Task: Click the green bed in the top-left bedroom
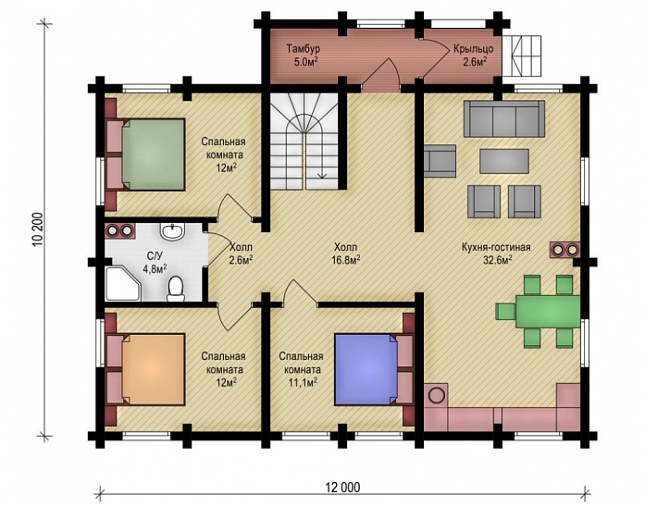153,155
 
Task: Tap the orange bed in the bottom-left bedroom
153,369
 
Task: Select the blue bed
366,369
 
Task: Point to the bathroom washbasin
172,232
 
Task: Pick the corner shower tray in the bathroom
122,284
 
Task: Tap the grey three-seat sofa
504,118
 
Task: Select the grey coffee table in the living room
504,161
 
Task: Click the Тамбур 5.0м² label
304,55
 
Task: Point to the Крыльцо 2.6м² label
474,55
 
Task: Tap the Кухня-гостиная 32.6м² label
496,253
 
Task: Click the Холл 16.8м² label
345,253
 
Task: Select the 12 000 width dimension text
342,488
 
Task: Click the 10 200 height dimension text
38,229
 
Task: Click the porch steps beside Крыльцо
522,56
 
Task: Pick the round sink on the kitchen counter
437,396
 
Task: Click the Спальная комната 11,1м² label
301,369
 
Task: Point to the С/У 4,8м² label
155,262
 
